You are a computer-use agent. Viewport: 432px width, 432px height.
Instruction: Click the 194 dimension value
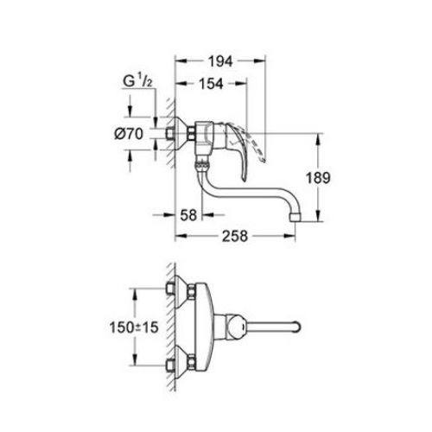pos(219,63)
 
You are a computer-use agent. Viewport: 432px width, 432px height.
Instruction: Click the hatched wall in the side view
pos(161,138)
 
